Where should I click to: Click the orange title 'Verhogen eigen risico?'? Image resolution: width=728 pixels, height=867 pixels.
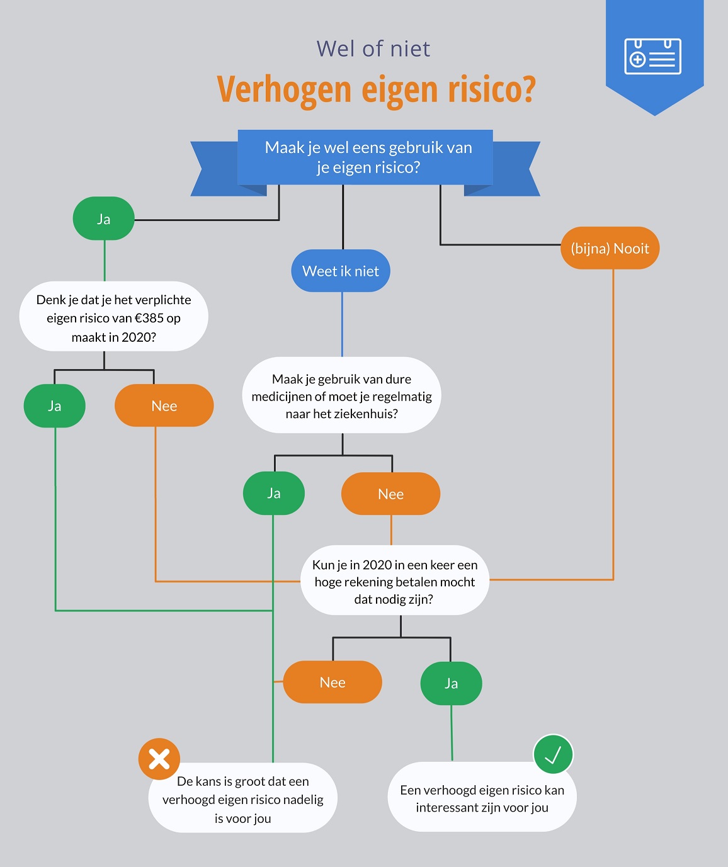(x=376, y=89)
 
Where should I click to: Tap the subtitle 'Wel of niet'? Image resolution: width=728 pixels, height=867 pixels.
(x=373, y=48)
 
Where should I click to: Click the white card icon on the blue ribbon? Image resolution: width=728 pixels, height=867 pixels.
(x=652, y=57)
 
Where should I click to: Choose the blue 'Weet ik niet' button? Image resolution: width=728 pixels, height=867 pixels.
(x=341, y=271)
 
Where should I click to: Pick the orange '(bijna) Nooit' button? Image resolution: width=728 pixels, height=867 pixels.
(x=610, y=248)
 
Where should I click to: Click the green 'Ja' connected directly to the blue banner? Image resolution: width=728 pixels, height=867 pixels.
(x=104, y=219)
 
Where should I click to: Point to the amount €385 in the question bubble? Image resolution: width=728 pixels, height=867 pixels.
(x=149, y=319)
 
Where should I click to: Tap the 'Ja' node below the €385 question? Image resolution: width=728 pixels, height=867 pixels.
(x=55, y=406)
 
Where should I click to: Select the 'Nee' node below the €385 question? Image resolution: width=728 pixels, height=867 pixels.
(x=164, y=406)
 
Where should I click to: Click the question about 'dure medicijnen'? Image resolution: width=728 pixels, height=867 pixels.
(x=341, y=396)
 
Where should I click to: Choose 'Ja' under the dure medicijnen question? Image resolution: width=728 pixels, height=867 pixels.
(x=274, y=493)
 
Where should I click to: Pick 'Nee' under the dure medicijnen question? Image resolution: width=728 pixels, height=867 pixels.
(x=390, y=494)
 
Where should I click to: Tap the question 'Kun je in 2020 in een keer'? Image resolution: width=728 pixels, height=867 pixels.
(x=395, y=581)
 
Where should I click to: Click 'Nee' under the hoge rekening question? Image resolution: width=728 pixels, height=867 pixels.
(x=333, y=683)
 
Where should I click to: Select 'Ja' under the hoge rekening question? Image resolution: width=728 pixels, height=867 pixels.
(x=451, y=684)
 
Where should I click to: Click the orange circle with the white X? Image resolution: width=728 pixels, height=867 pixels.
(x=159, y=759)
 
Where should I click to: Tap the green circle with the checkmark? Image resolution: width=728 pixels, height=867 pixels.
(x=553, y=754)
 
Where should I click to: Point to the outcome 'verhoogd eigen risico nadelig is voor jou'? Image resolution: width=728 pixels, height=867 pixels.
(x=242, y=800)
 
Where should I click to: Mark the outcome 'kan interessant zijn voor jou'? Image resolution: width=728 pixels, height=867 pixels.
(x=482, y=798)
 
